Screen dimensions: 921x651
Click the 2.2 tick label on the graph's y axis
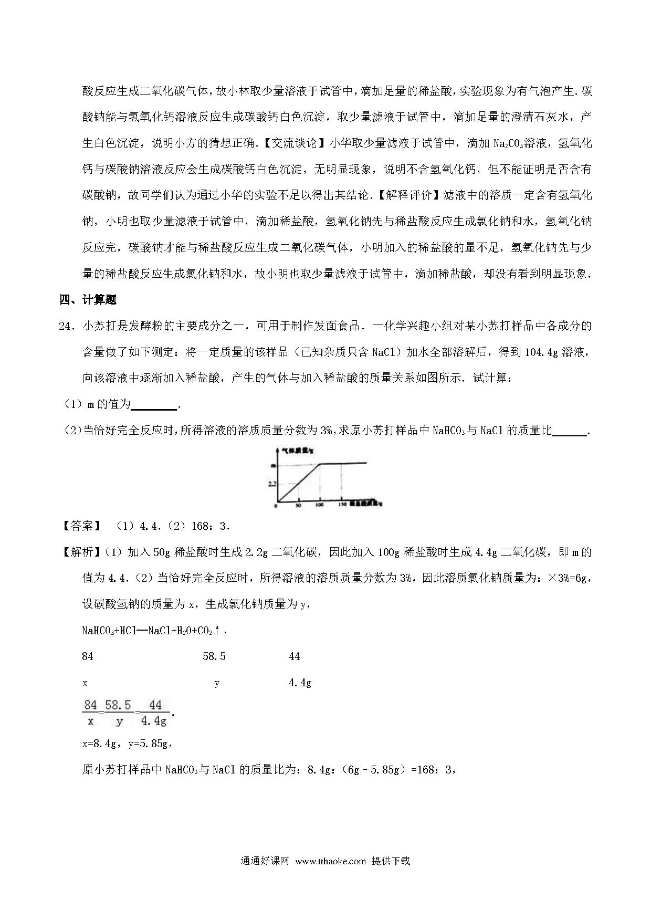coord(272,484)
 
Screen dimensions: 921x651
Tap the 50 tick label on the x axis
coord(299,506)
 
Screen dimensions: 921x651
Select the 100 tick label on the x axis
coord(319,506)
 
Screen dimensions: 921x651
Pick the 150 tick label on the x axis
coord(342,506)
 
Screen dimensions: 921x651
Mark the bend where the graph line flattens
coord(320,464)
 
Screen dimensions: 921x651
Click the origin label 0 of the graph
coord(276,506)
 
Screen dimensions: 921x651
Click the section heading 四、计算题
coord(88,300)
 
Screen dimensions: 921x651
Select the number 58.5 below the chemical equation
coord(214,656)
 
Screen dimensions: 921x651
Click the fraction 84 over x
coord(90,713)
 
